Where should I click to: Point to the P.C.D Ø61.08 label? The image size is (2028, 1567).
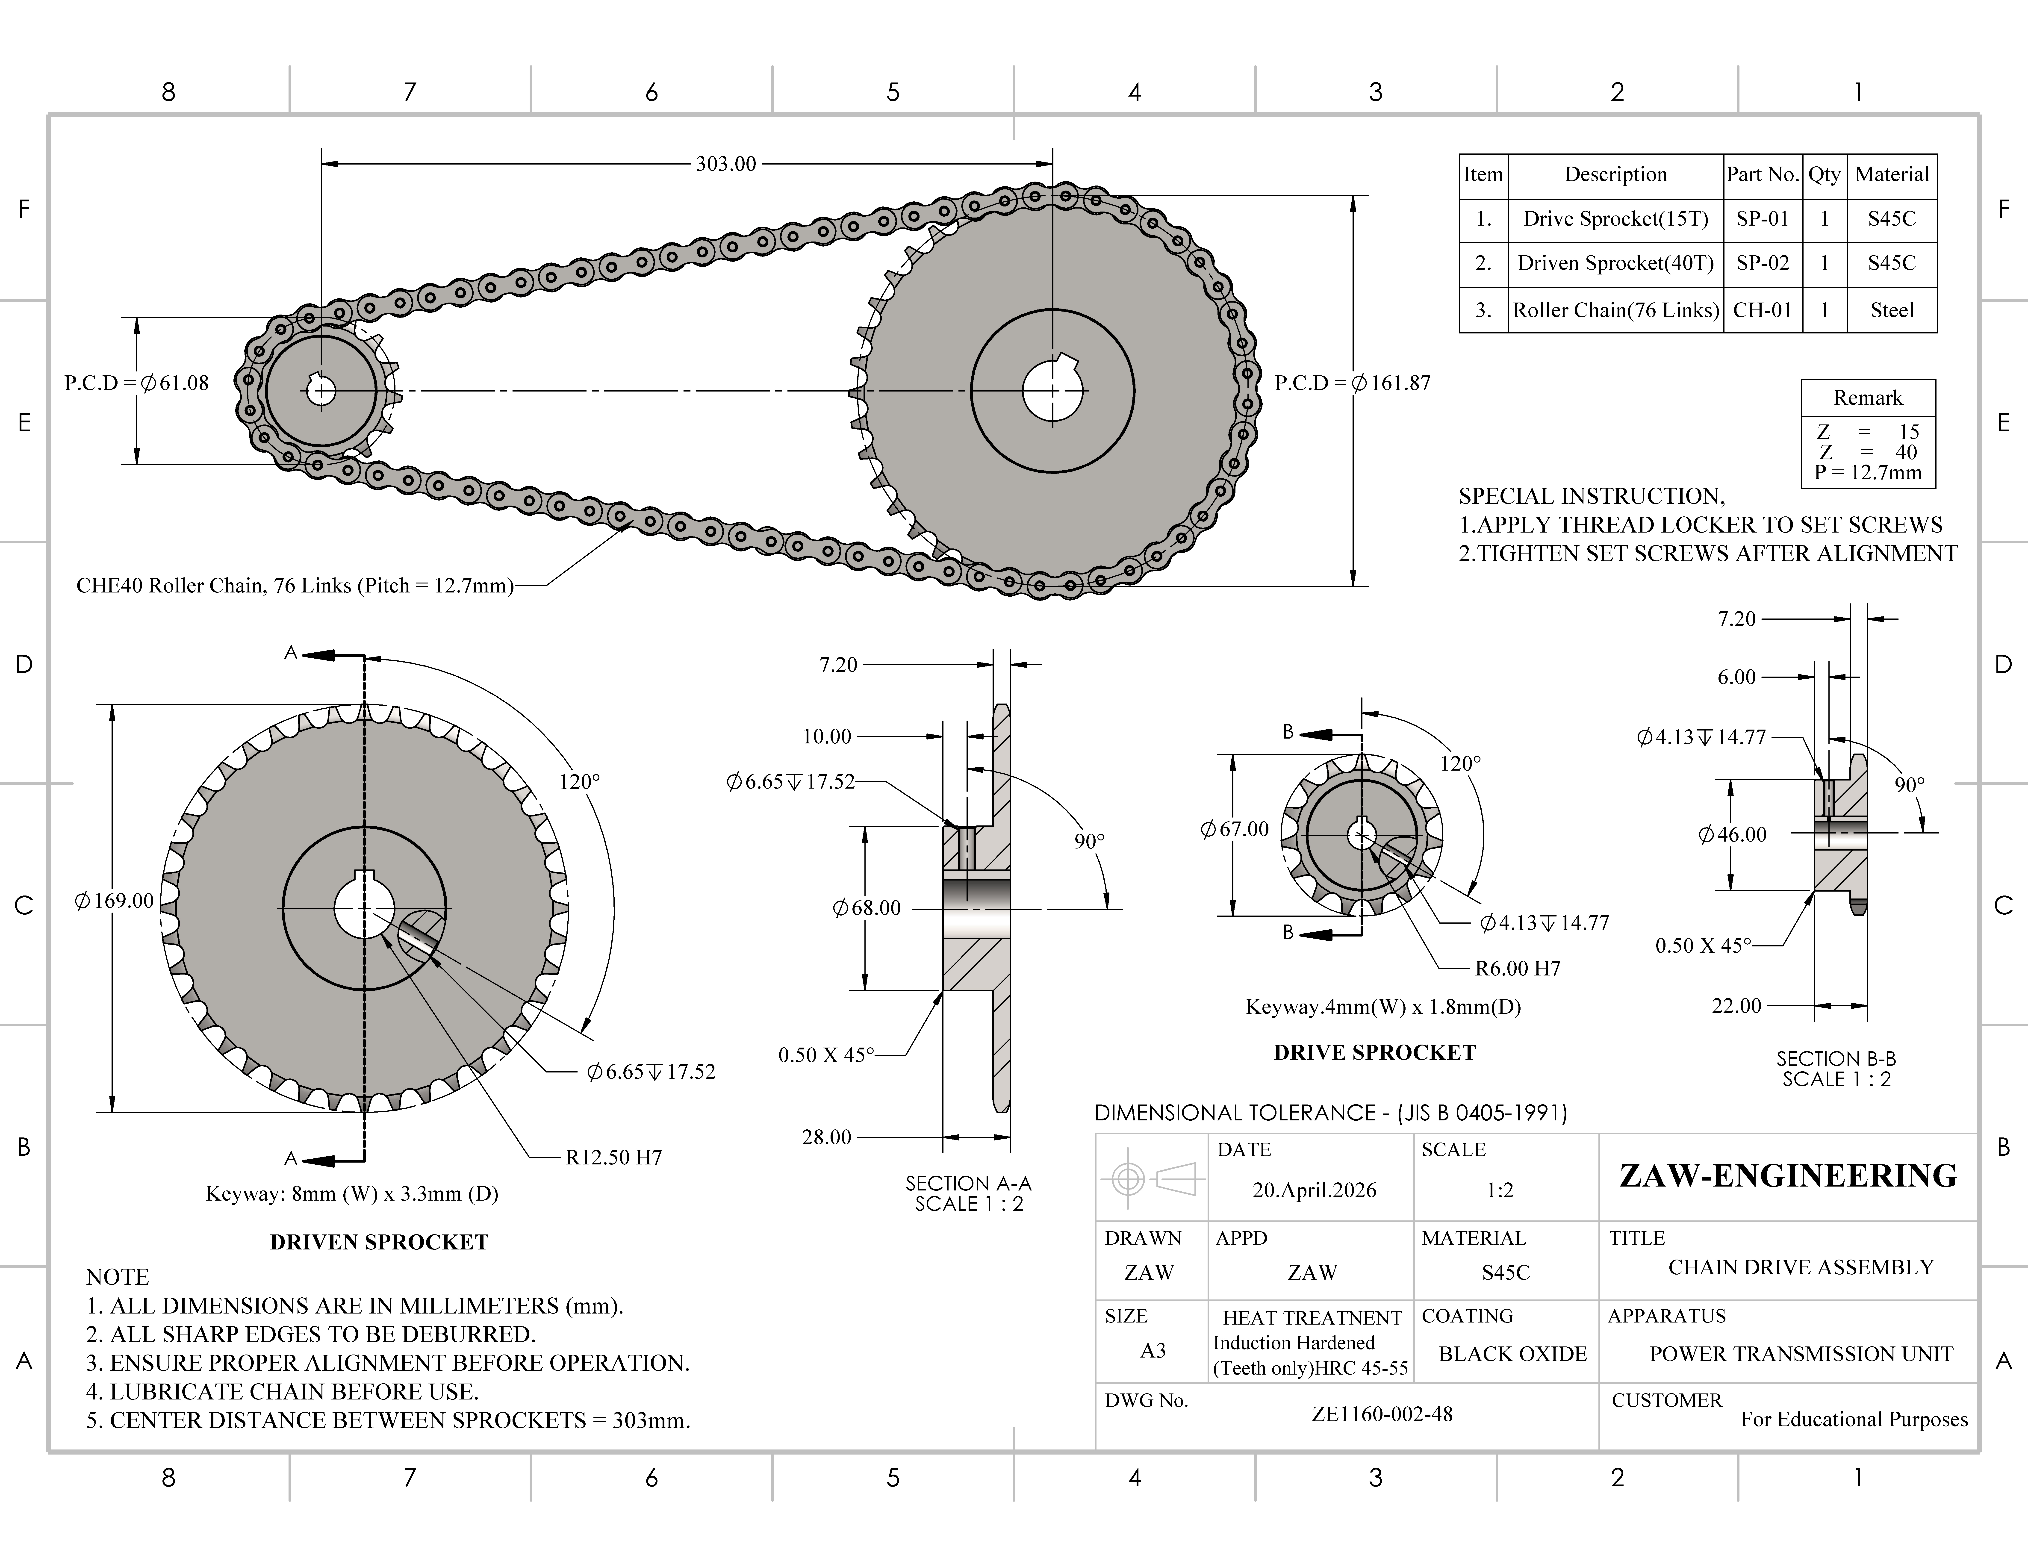point(136,383)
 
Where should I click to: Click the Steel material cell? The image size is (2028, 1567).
point(1892,310)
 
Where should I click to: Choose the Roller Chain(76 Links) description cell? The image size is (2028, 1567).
point(1616,310)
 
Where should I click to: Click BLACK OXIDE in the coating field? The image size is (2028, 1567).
point(1513,1353)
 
